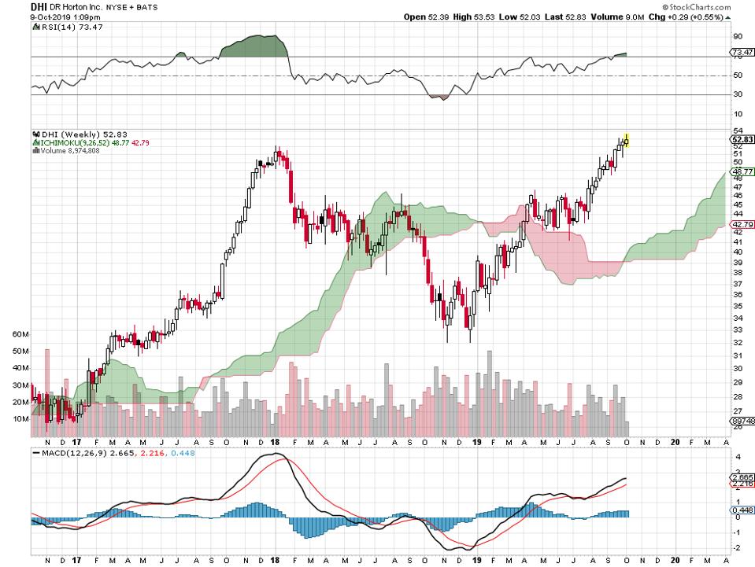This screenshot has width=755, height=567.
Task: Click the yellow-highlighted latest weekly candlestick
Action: coord(627,141)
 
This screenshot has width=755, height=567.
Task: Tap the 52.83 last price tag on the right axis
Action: coord(740,138)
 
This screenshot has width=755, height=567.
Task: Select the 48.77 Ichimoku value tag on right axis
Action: coord(740,171)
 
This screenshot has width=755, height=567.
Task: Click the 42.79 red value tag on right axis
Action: coord(740,224)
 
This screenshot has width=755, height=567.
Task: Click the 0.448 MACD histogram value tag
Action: coord(740,510)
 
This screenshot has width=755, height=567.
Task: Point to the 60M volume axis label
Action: coord(20,334)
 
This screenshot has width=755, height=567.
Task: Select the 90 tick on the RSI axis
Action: coord(738,36)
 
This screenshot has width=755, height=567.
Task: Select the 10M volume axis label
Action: coord(20,419)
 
